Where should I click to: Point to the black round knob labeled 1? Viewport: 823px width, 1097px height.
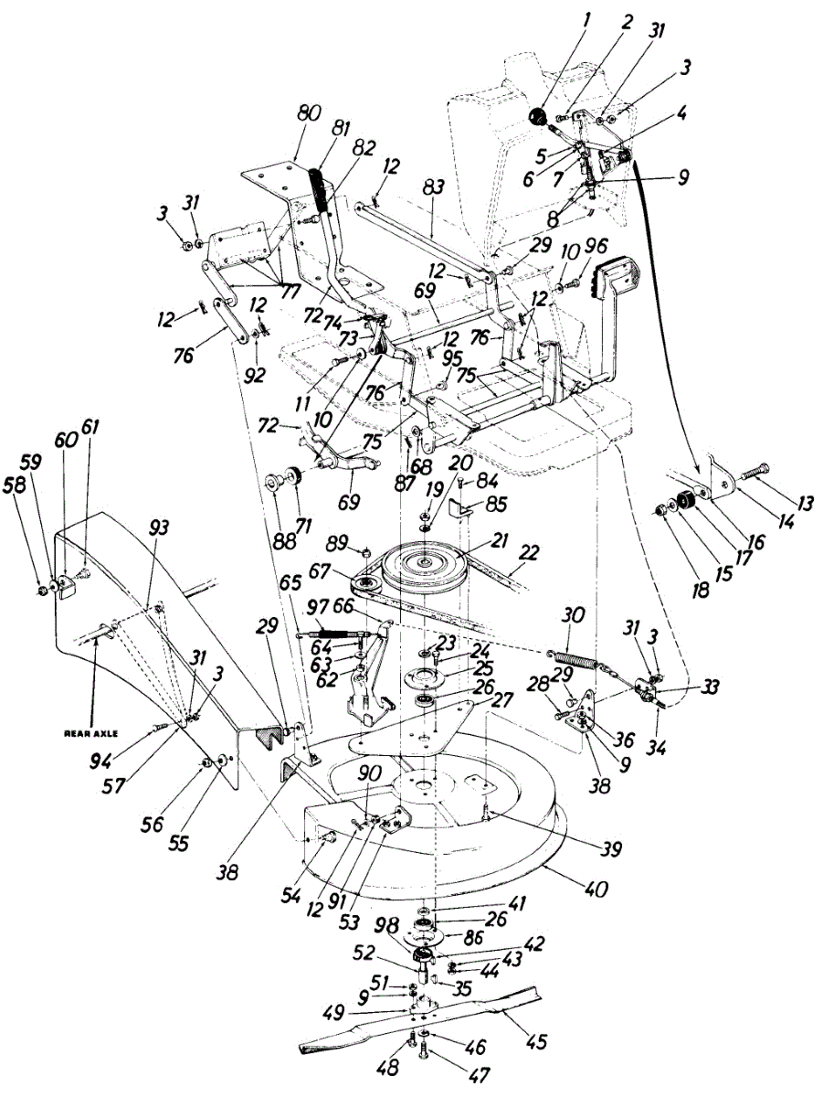(x=537, y=116)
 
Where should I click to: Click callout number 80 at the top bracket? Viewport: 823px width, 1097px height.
(x=309, y=114)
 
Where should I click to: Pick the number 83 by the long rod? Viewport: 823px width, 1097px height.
(x=434, y=186)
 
